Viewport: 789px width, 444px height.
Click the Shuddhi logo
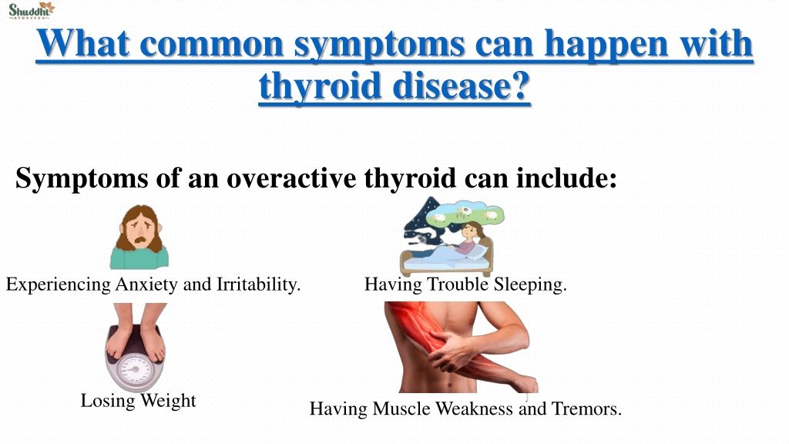[x=31, y=10]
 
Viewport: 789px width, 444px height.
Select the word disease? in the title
[x=461, y=86]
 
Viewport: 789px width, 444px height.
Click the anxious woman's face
[x=140, y=230]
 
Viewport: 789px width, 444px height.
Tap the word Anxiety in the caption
[x=146, y=285]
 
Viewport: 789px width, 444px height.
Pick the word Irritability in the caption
[x=258, y=284]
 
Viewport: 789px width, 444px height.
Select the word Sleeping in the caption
[x=530, y=285]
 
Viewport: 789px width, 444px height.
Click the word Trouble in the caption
[x=458, y=284]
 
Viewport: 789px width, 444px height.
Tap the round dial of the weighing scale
[x=133, y=371]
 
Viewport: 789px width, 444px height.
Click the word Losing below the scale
[x=108, y=401]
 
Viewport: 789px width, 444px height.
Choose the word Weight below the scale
[x=168, y=401]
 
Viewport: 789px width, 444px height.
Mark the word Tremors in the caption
[x=586, y=409]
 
